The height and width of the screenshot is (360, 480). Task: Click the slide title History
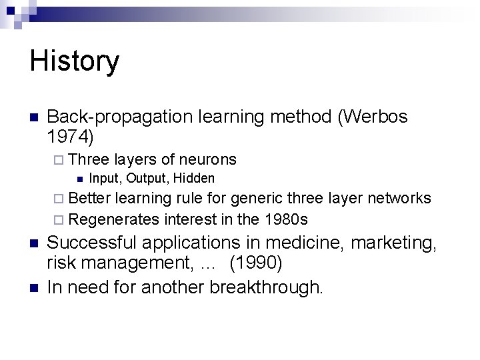[75, 62]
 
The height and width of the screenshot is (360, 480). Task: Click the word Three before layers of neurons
[89, 159]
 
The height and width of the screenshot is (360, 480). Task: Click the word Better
[90, 198]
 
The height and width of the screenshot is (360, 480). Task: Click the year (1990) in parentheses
[256, 264]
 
